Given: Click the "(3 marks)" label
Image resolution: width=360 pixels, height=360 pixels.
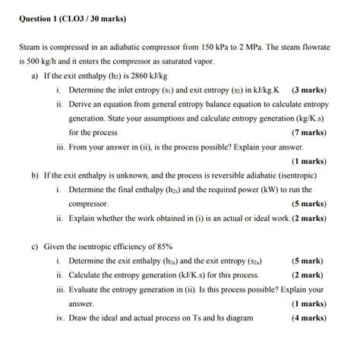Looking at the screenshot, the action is tap(309, 90).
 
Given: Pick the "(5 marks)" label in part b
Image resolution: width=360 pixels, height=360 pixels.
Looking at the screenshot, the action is tap(309, 204).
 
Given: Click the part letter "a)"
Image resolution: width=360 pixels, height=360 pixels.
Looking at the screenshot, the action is tap(36, 77).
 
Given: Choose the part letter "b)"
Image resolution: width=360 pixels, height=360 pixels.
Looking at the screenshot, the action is tap(36, 175).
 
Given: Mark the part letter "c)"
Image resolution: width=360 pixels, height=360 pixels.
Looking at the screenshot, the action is tap(36, 247).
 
